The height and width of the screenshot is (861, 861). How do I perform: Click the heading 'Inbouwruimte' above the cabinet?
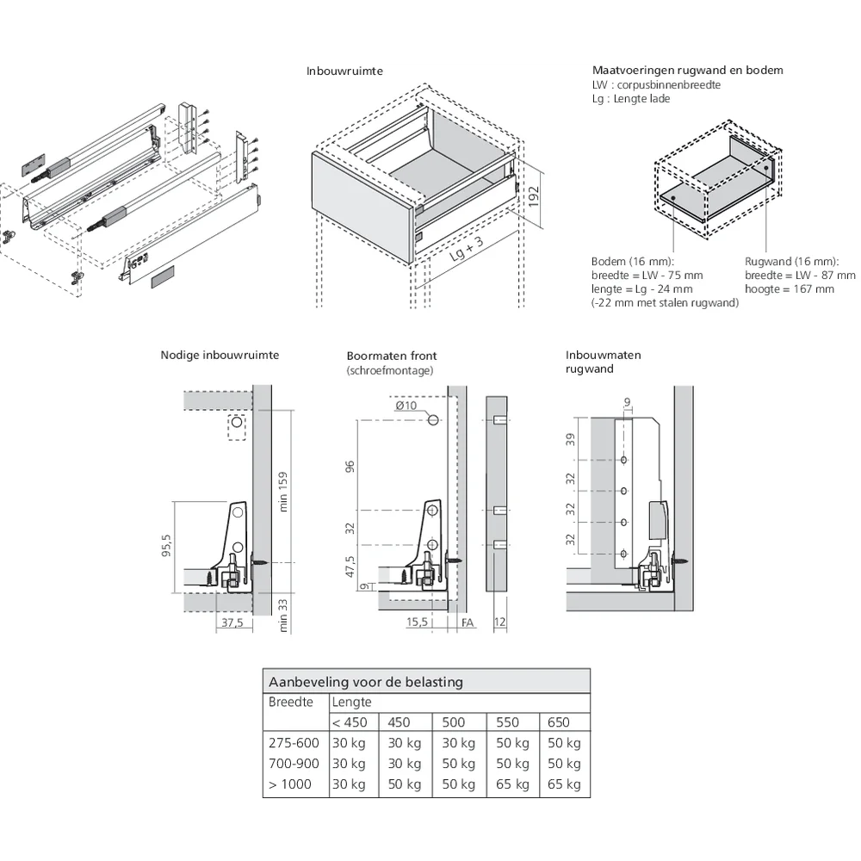[344, 71]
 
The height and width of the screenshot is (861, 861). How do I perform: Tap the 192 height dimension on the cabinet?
[533, 198]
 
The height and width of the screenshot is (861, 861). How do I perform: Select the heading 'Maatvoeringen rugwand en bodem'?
[687, 71]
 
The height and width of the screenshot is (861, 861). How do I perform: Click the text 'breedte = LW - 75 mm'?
[647, 276]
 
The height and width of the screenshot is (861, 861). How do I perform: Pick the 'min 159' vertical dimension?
[283, 491]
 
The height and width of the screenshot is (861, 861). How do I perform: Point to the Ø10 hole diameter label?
[406, 406]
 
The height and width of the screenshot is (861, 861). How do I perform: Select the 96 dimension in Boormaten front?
[350, 466]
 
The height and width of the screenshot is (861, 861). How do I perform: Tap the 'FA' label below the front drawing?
[467, 622]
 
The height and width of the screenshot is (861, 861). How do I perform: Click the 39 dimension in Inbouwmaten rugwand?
[569, 440]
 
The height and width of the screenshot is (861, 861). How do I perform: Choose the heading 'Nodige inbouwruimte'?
[220, 355]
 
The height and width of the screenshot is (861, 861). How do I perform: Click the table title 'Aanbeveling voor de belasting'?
[366, 682]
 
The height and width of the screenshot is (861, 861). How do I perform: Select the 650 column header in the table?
[558, 722]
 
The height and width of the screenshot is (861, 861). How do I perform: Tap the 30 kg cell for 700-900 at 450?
[404, 764]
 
